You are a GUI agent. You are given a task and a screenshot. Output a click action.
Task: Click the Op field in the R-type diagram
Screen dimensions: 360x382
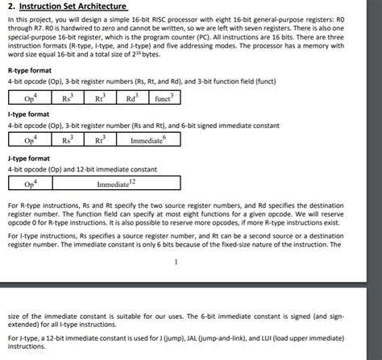31,98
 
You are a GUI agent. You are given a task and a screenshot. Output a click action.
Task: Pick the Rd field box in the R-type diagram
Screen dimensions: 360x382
131,98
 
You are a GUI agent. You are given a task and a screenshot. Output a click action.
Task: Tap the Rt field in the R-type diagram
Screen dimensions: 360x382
100,98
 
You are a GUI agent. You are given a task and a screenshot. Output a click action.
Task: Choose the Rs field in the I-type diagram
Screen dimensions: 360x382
67,140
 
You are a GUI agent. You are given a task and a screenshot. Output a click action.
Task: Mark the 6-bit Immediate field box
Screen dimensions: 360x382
147,140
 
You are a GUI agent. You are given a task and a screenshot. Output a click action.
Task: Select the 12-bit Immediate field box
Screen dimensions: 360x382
113,184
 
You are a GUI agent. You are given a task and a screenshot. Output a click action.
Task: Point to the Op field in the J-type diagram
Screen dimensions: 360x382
30,184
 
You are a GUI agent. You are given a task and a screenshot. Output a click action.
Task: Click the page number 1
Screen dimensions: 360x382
175,260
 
